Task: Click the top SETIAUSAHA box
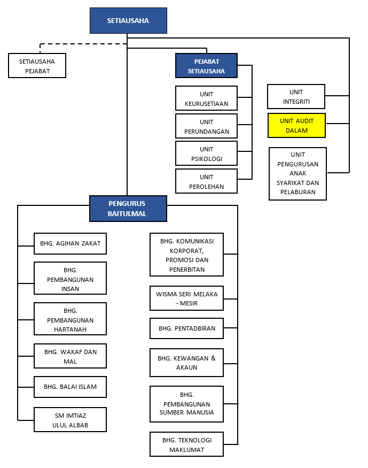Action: tap(128, 21)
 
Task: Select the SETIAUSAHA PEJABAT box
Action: tap(37, 66)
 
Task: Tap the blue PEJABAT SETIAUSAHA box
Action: tap(206, 66)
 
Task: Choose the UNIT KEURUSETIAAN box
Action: tap(206, 98)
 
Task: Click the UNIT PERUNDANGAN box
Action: tap(206, 126)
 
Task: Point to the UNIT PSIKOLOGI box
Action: tap(206, 154)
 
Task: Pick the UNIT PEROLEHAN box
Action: tap(206, 181)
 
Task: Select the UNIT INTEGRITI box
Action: tap(296, 96)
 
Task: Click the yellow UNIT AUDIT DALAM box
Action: tap(296, 125)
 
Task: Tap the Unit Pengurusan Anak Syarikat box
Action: tap(297, 174)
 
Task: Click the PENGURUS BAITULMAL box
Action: tap(128, 209)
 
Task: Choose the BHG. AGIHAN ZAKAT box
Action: tap(70, 243)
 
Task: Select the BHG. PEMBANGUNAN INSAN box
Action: tap(70, 278)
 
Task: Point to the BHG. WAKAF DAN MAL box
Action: tap(70, 356)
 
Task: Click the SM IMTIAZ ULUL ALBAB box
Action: tap(70, 420)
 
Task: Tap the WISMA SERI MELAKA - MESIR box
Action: tap(186, 298)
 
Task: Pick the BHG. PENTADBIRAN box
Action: tap(186, 328)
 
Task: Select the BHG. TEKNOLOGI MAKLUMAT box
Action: tap(186, 444)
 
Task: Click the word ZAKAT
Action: tap(91, 243)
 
